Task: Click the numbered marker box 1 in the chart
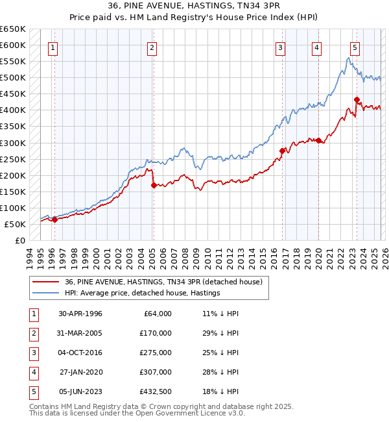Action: point(53,47)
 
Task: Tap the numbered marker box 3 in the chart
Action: point(281,47)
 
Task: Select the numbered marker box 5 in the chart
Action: point(355,47)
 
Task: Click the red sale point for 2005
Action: point(154,185)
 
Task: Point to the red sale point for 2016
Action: point(282,151)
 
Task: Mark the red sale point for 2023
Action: point(357,99)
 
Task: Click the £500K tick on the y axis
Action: point(13,78)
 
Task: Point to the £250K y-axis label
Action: point(13,159)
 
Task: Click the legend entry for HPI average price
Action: point(143,293)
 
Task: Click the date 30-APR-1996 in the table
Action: point(80,314)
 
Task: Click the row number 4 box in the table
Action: point(32,372)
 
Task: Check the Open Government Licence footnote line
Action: point(128,413)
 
